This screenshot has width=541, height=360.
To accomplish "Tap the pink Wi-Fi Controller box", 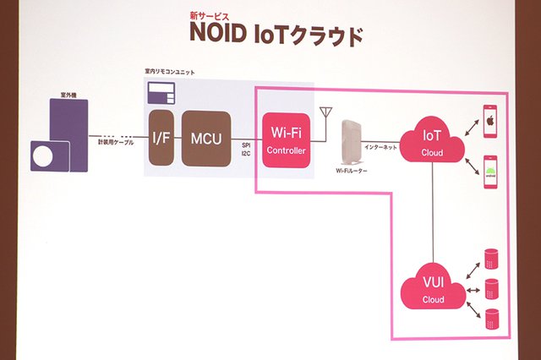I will (286, 139).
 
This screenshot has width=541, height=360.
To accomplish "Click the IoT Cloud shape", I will (433, 141).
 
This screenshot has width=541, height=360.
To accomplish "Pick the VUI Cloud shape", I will (433, 289).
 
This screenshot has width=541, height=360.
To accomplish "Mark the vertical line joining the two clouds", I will (433, 211).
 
